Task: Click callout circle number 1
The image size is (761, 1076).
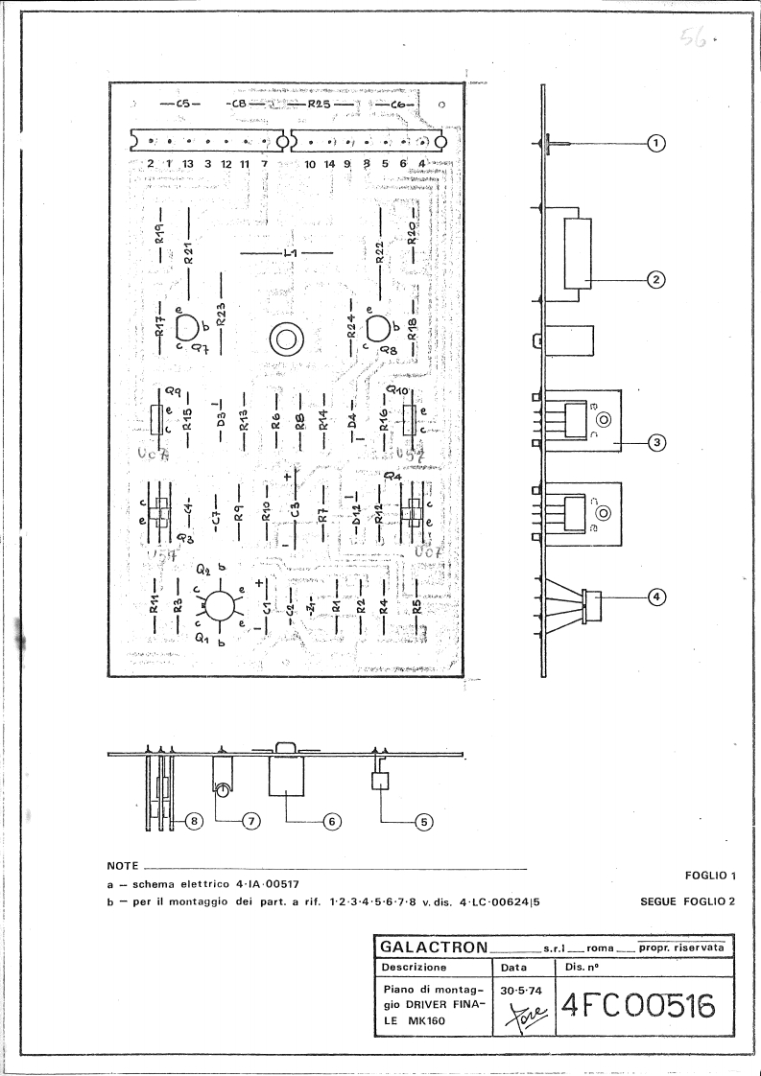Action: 657,143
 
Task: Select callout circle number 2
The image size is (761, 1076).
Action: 657,280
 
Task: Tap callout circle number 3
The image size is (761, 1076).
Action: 657,442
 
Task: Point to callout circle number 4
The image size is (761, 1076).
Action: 657,596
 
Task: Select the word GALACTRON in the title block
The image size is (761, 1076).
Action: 434,947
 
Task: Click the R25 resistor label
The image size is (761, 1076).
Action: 320,104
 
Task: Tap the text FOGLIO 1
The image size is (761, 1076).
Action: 710,876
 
